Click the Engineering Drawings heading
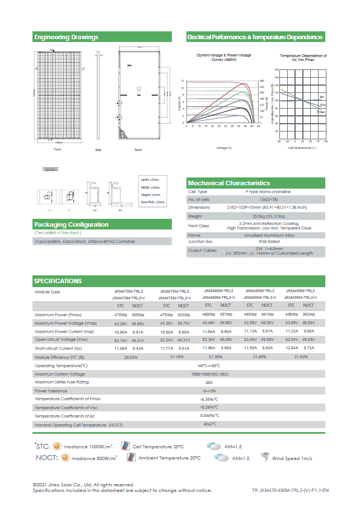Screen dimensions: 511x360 (66, 37)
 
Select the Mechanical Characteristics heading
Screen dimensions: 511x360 (228, 183)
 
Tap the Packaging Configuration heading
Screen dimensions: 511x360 (71, 224)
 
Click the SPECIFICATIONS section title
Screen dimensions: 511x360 (58, 281)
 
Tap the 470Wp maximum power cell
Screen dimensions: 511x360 (121, 315)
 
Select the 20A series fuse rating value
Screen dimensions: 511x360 (209, 382)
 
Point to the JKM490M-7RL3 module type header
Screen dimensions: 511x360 (301, 291)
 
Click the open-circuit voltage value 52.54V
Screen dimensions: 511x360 (291, 339)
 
